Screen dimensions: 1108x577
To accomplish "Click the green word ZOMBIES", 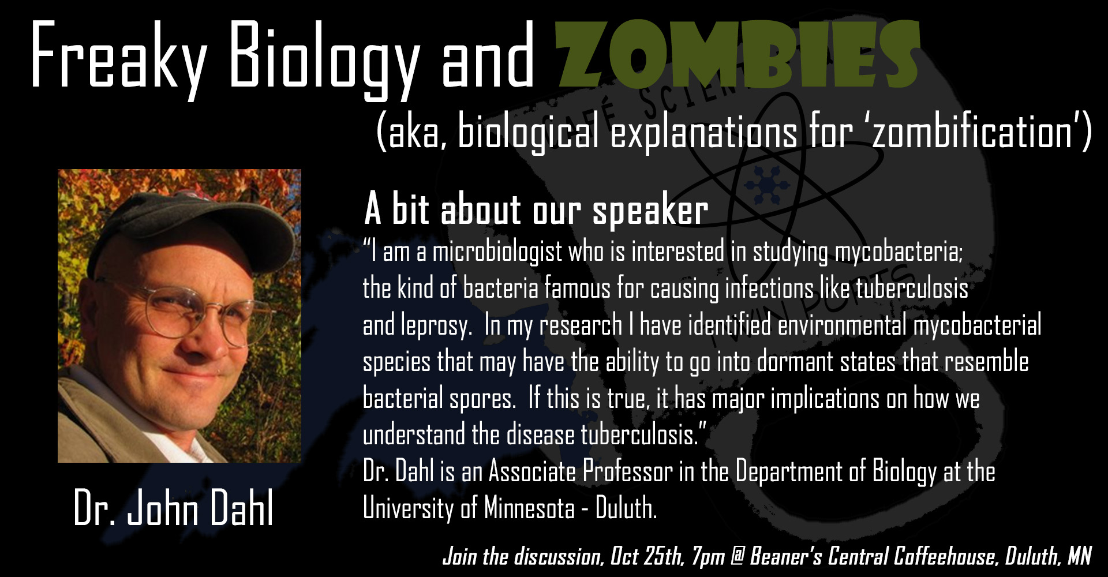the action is [x=737, y=55].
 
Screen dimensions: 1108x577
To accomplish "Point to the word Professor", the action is [x=627, y=471].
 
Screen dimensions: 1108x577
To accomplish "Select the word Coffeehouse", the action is [x=945, y=556].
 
